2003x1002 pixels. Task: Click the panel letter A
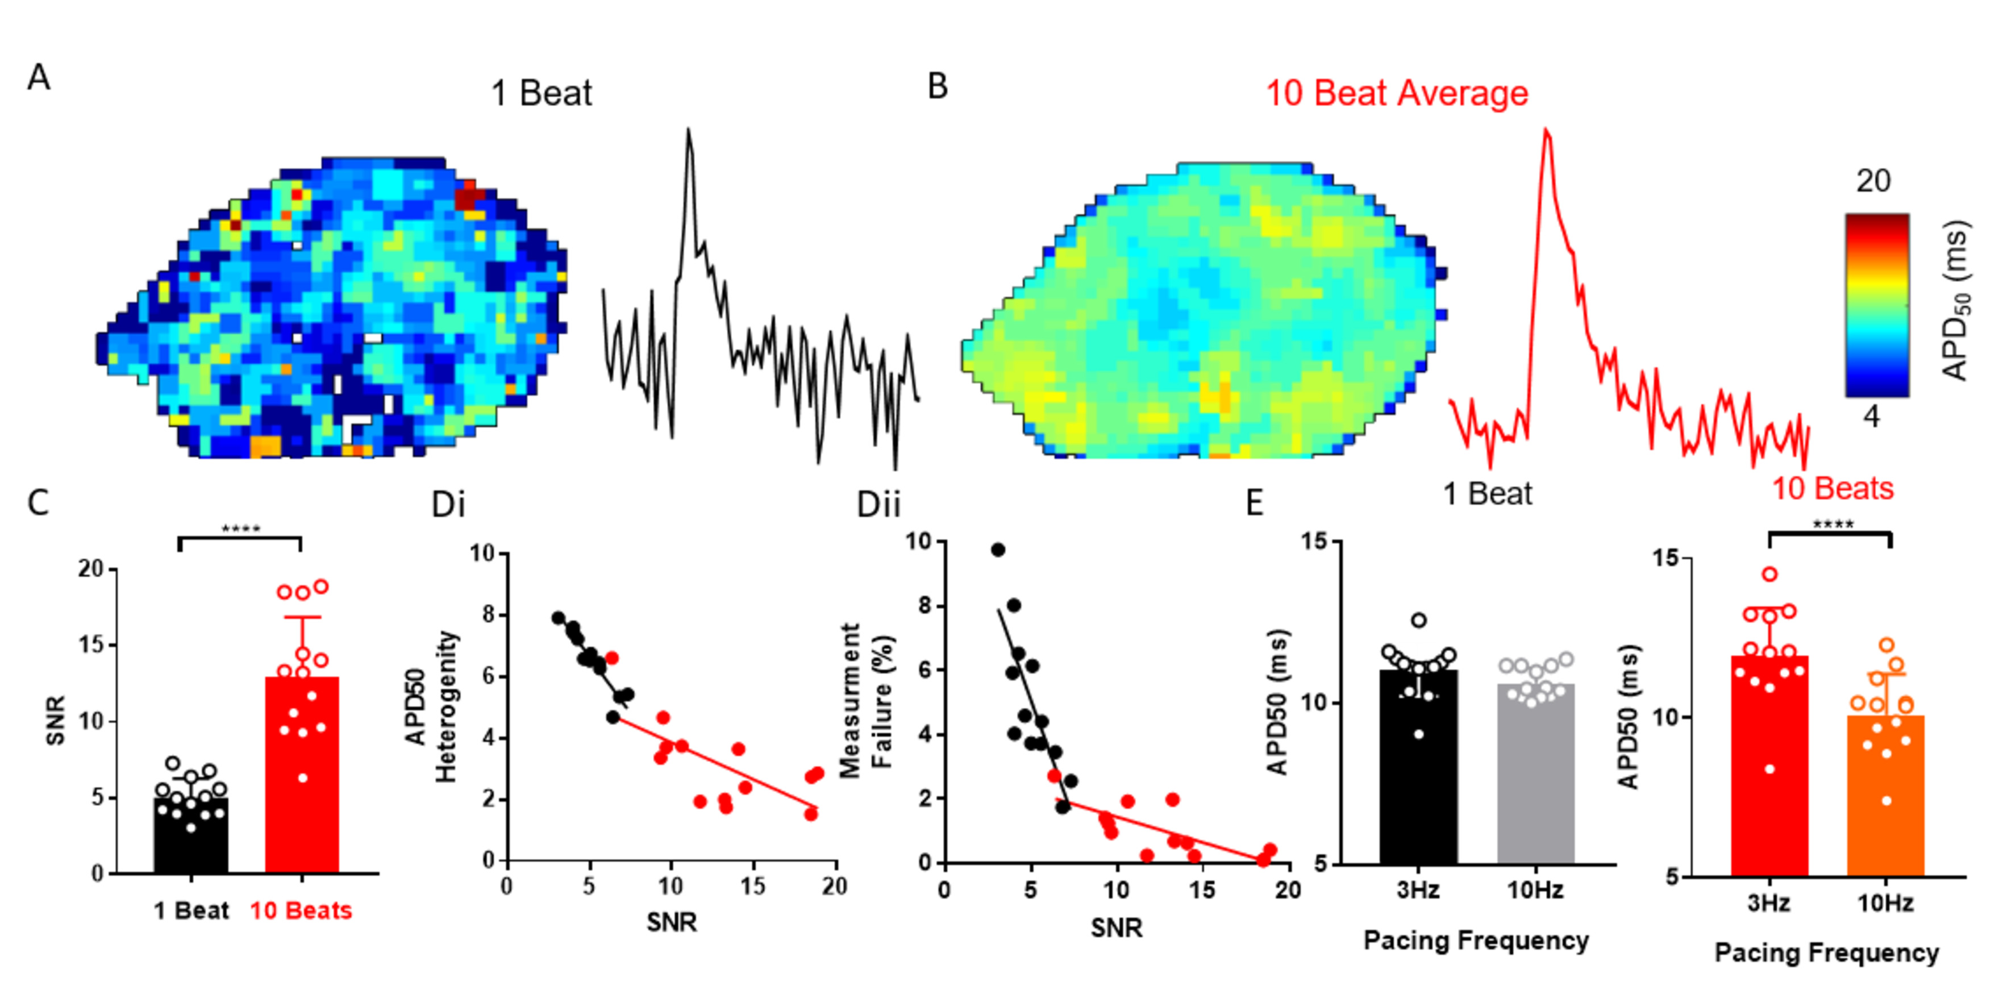pyautogui.click(x=39, y=78)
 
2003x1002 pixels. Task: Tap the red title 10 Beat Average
pyautogui.click(x=1397, y=93)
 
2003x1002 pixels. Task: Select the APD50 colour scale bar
pyautogui.click(x=1876, y=305)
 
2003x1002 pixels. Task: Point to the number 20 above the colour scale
pyautogui.click(x=1872, y=181)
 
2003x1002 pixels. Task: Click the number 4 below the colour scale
pyautogui.click(x=1871, y=417)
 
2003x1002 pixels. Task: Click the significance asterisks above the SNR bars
pyautogui.click(x=240, y=529)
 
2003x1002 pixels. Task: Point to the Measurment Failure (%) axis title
pyautogui.click(x=867, y=700)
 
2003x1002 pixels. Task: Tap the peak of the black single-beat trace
pyautogui.click(x=688, y=130)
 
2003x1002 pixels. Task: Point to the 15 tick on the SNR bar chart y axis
pyautogui.click(x=91, y=645)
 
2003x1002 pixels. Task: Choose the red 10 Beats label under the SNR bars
pyautogui.click(x=301, y=910)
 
